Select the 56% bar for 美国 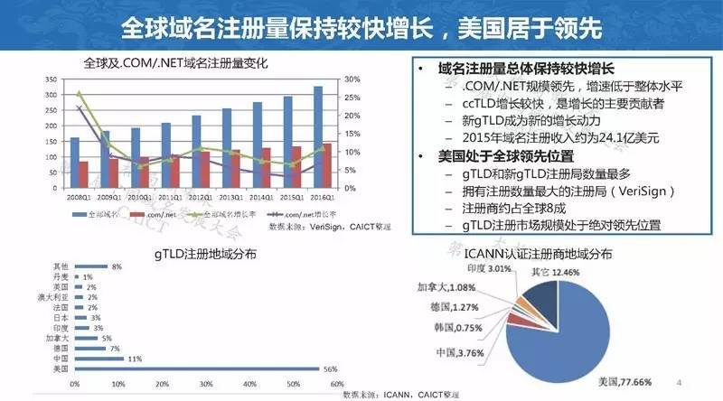pos(198,368)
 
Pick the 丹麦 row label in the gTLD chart pos(61,275)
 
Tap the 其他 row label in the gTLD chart pos(61,266)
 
